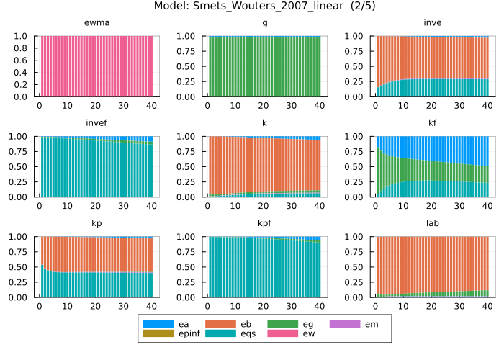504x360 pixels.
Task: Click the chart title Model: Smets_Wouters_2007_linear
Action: (x=252, y=6)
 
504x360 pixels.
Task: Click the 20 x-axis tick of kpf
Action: (x=264, y=306)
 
